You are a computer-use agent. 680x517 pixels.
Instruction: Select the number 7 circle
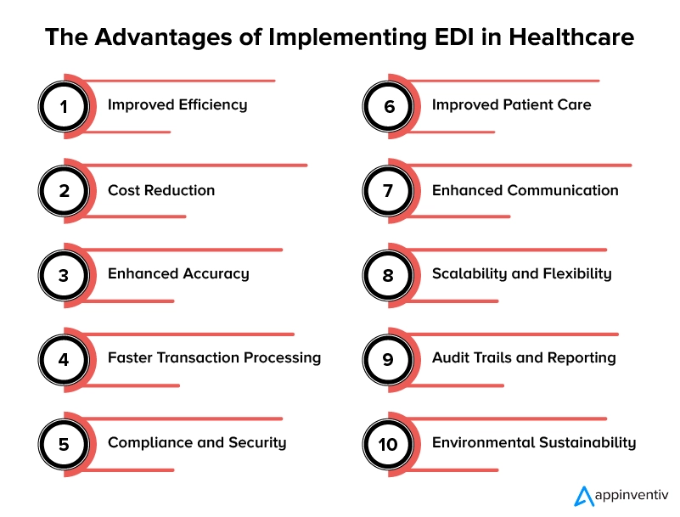(388, 190)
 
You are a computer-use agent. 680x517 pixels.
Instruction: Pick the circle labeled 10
(388, 443)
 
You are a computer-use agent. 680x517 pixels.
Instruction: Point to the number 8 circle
(388, 275)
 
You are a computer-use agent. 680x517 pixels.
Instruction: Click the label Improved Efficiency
(177, 105)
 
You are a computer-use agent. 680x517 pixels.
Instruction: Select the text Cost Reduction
(161, 190)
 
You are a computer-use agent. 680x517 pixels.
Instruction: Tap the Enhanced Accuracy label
(178, 274)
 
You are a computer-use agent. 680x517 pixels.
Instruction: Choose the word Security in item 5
(256, 443)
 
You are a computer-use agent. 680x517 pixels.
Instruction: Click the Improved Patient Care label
(511, 105)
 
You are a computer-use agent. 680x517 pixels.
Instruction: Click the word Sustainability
(587, 443)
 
